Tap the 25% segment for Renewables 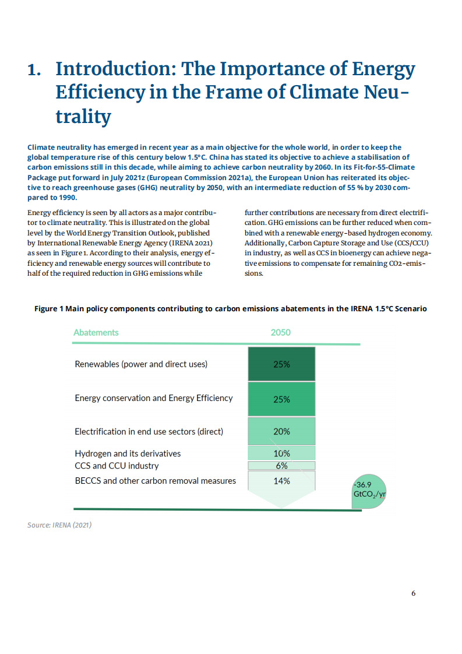pyautogui.click(x=281, y=364)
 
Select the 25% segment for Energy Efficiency pyautogui.click(x=281, y=399)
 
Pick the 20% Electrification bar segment pyautogui.click(x=281, y=431)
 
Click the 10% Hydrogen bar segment pyautogui.click(x=281, y=453)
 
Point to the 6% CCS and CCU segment pyautogui.click(x=281, y=466)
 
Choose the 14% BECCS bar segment pyautogui.click(x=281, y=481)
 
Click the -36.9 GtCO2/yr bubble pyautogui.click(x=369, y=489)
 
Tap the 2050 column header pyautogui.click(x=280, y=332)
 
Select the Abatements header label pyautogui.click(x=96, y=332)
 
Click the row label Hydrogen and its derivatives pyautogui.click(x=128, y=453)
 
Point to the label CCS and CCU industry pyautogui.click(x=117, y=466)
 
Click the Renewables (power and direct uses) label pyautogui.click(x=141, y=364)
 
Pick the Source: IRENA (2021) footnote pyautogui.click(x=59, y=525)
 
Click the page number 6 pyautogui.click(x=413, y=593)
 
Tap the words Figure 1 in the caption pyautogui.click(x=49, y=308)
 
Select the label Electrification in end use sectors pyautogui.click(x=149, y=432)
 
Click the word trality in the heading pyautogui.click(x=83, y=117)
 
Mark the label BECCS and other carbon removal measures pyautogui.click(x=155, y=481)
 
